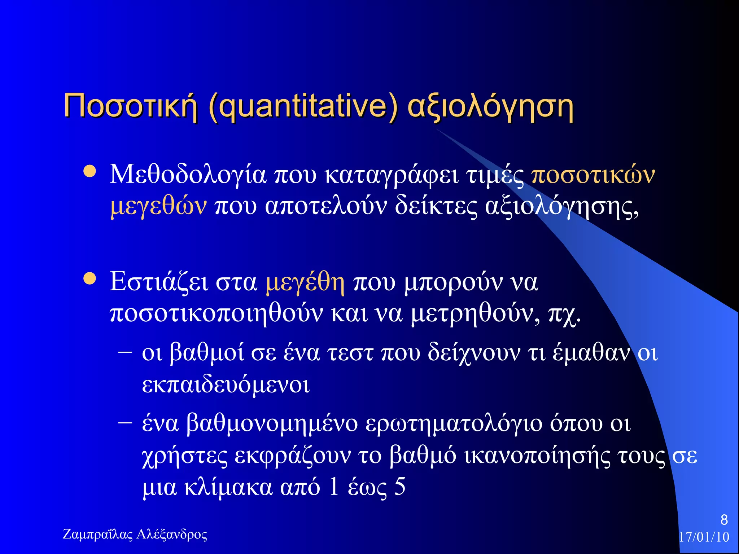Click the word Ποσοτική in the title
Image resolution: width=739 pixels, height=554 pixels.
coord(130,106)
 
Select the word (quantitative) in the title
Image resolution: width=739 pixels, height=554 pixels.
coord(303,106)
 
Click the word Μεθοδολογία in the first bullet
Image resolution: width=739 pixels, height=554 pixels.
coord(188,175)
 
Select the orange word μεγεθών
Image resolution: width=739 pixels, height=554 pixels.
coord(158,207)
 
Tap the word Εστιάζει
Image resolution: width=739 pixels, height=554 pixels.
coord(159,282)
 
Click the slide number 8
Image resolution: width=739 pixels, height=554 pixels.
coord(724,520)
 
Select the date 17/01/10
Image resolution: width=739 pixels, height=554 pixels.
coord(704,537)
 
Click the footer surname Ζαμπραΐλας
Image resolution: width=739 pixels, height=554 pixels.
coord(98,534)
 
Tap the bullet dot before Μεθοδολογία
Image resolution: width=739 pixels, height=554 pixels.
coord(89,172)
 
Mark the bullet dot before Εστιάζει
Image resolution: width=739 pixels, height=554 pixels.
coord(89,278)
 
